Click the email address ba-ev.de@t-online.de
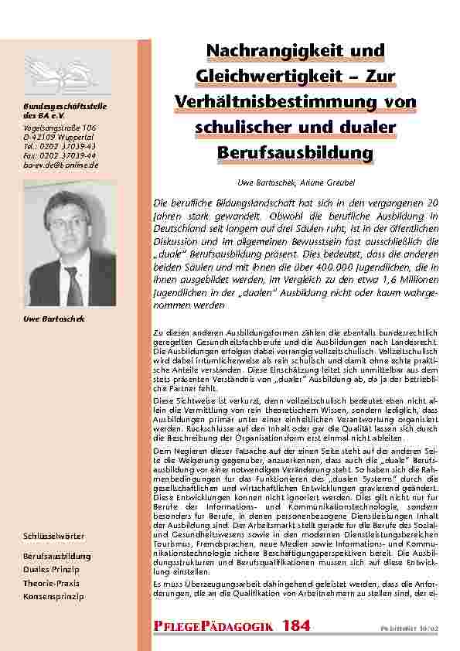pyautogui.click(x=60, y=164)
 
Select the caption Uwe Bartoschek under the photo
pyautogui.click(x=53, y=319)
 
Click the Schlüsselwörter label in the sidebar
pyautogui.click(x=53, y=536)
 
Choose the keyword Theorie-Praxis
pyautogui.click(x=51, y=583)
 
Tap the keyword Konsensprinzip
pyautogui.click(x=53, y=597)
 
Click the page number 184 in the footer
pyautogui.click(x=298, y=625)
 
